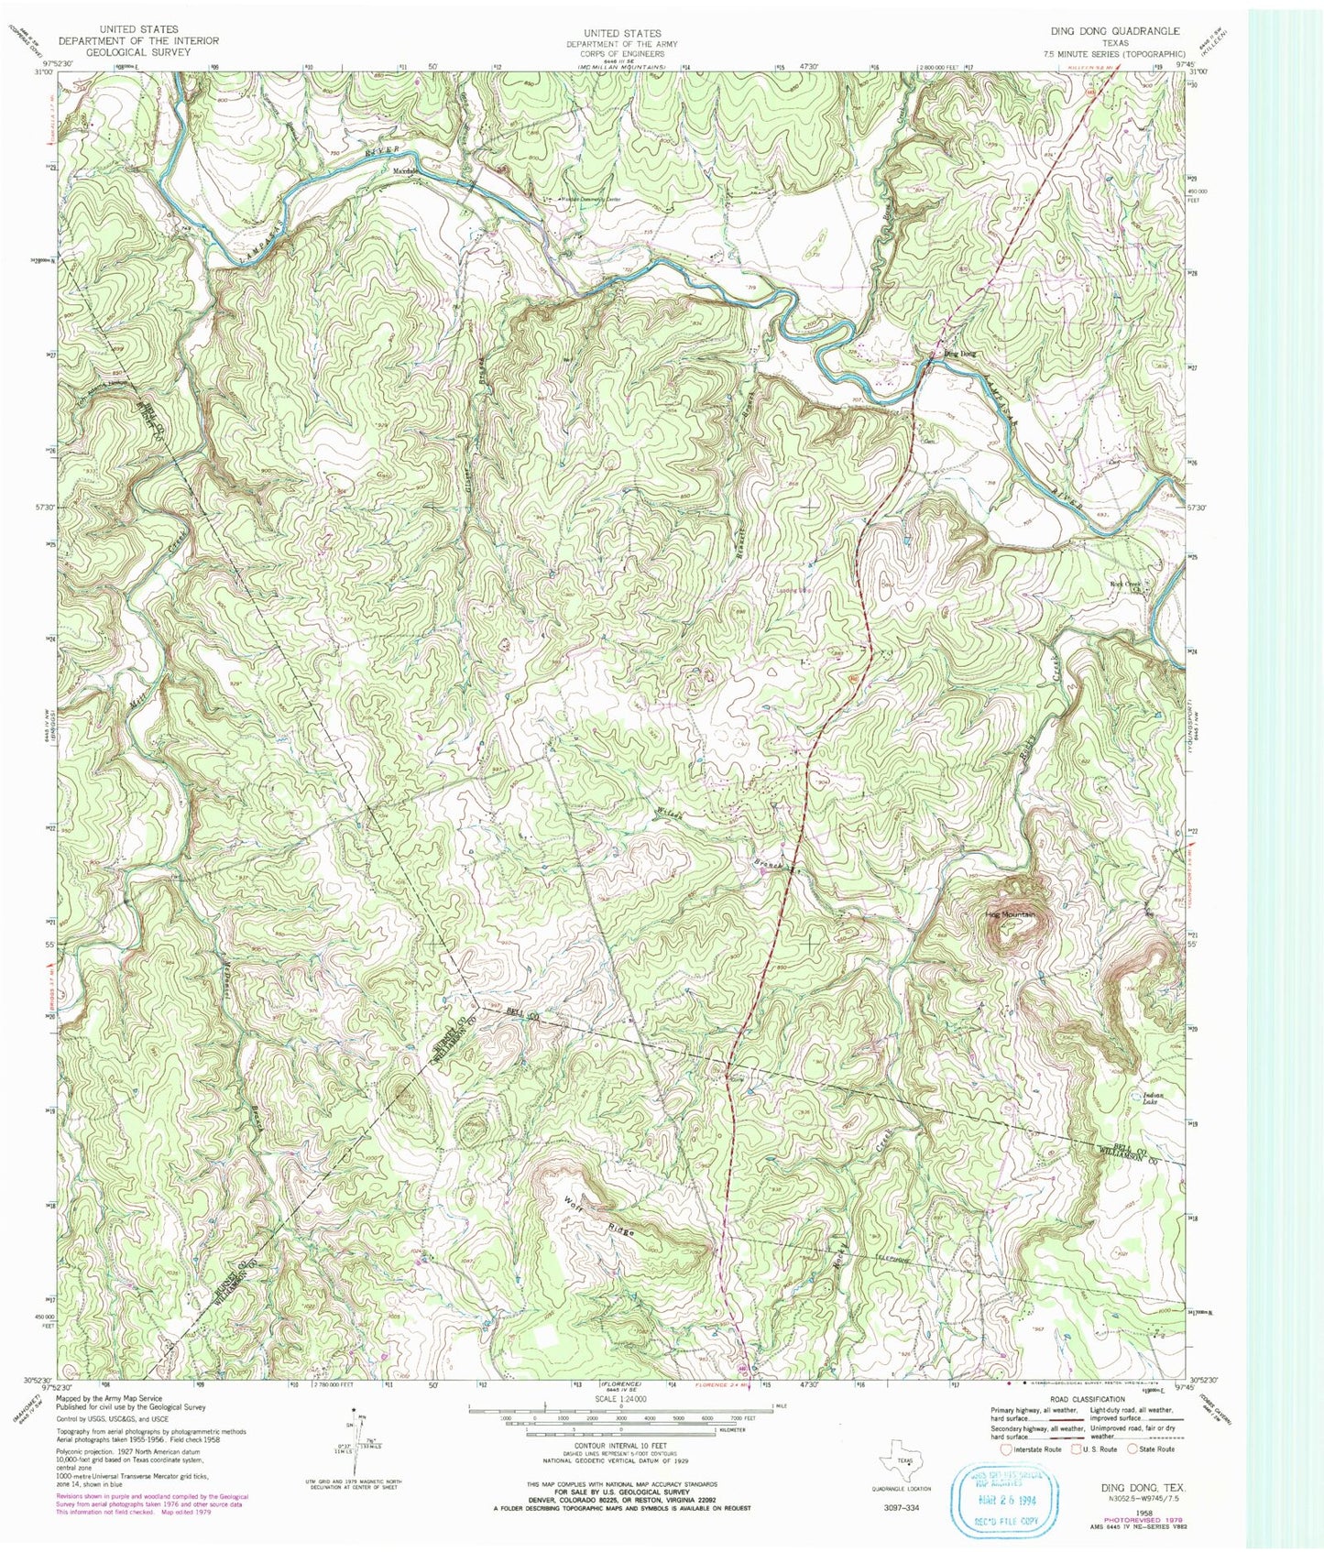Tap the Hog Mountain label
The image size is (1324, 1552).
[x=1010, y=914]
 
